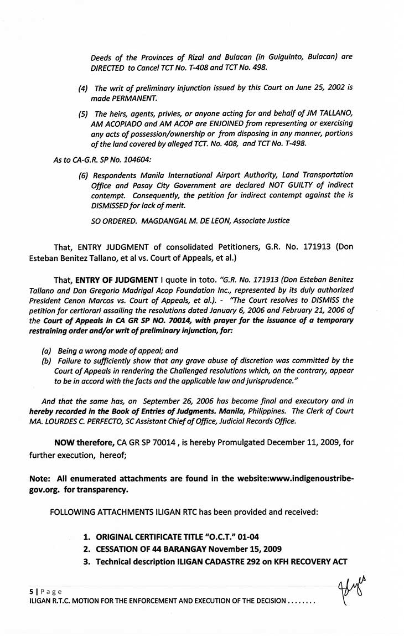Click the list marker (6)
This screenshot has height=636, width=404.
pyautogui.click(x=83, y=175)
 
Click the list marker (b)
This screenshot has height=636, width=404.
pyautogui.click(x=46, y=360)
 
